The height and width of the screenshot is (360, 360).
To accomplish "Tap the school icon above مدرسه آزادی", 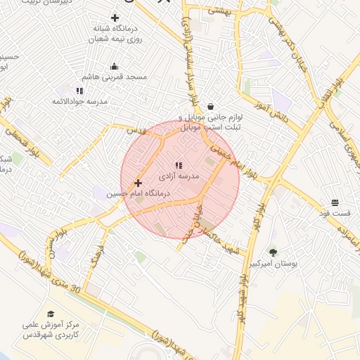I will (x=178, y=165).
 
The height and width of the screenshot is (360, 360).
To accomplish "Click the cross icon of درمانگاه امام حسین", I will (x=138, y=183).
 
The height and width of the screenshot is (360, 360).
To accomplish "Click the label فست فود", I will (x=335, y=212).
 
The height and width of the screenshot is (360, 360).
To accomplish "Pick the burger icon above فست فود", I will (x=335, y=202).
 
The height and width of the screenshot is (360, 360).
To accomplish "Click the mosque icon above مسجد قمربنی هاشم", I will (x=114, y=67).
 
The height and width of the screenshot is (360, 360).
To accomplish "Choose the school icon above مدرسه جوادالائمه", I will (x=79, y=91).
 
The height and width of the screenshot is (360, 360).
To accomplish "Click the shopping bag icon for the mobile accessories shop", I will (x=210, y=106).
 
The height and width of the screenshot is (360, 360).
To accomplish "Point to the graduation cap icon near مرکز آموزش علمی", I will (x=51, y=314).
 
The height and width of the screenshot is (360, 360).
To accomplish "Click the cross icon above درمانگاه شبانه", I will (x=115, y=17).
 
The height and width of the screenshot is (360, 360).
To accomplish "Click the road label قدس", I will (x=135, y=131).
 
